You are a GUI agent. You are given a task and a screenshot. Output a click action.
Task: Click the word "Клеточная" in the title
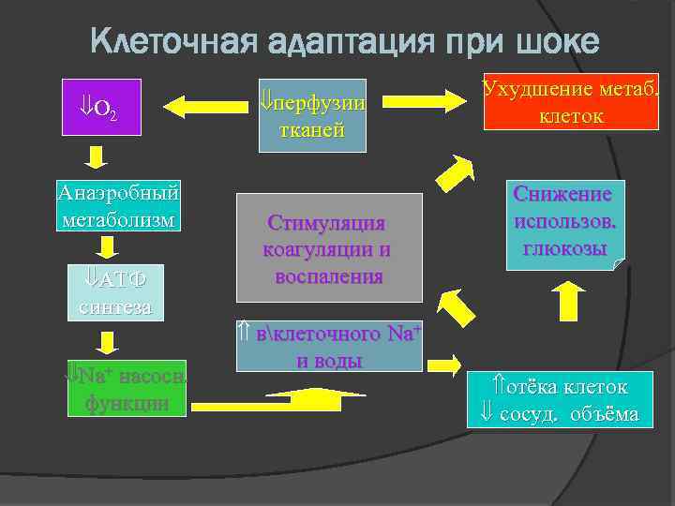coord(173,41)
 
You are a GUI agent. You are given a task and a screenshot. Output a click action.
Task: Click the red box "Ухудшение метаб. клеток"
coord(572,102)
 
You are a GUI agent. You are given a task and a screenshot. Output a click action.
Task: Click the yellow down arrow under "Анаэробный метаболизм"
coord(108,246)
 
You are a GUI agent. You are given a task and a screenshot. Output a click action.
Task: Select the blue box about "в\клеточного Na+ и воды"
coord(329,347)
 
